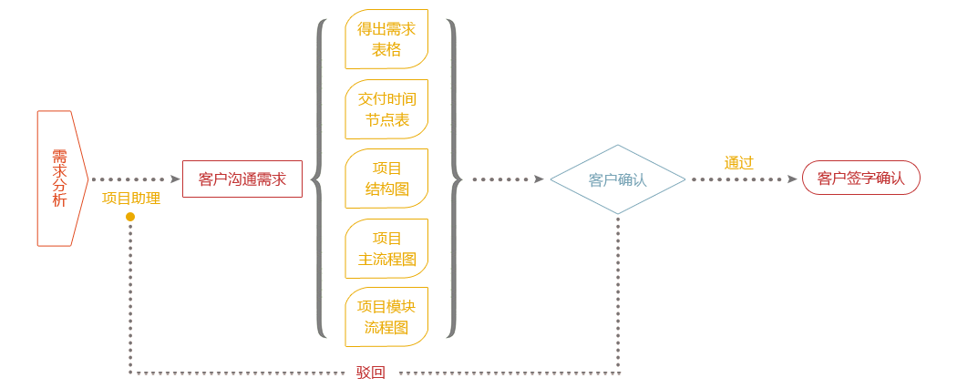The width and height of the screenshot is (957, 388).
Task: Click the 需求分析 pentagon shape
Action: (x=60, y=179)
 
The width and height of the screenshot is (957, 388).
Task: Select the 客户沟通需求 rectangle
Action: (x=242, y=179)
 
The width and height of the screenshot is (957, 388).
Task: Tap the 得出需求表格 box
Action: (x=386, y=40)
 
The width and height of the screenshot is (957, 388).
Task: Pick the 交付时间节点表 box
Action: (x=386, y=109)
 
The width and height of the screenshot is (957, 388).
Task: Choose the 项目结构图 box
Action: (x=386, y=179)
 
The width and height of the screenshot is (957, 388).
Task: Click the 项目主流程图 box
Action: (x=386, y=249)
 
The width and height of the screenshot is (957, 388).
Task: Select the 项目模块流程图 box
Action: (x=386, y=317)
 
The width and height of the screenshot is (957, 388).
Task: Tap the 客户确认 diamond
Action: (x=618, y=179)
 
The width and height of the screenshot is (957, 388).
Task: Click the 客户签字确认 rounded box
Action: (x=861, y=178)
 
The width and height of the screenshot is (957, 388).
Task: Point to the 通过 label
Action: (x=739, y=163)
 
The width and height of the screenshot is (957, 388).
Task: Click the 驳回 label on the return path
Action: (x=371, y=372)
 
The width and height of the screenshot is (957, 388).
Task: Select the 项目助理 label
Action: (x=131, y=198)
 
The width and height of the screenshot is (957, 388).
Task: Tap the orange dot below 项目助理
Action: (x=130, y=217)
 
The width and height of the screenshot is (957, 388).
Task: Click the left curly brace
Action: (x=319, y=179)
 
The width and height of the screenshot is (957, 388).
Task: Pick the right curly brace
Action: (x=453, y=179)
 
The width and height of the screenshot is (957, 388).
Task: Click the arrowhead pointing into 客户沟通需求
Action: (x=175, y=179)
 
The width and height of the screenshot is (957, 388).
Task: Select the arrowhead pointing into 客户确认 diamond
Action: (x=539, y=179)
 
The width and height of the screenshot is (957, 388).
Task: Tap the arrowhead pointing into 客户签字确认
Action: (x=792, y=179)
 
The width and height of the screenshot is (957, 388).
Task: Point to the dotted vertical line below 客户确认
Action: (x=618, y=291)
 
